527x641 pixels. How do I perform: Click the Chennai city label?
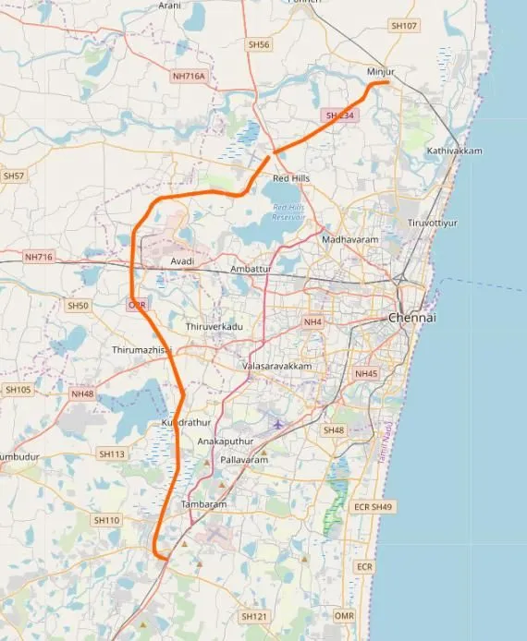coord(411,317)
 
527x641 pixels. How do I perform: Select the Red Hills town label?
coord(290,177)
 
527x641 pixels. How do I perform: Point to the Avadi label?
coord(182,261)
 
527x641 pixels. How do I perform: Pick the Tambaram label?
coord(203,504)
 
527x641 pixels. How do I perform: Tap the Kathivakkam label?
coord(455,150)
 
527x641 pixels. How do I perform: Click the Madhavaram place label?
coord(345,239)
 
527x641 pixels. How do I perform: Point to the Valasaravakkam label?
coord(276,366)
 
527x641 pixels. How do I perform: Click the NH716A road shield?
coord(190,75)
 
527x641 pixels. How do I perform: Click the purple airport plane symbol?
coord(278,424)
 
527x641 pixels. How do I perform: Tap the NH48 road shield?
coord(82,393)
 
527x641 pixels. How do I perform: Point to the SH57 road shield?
coord(14,175)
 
